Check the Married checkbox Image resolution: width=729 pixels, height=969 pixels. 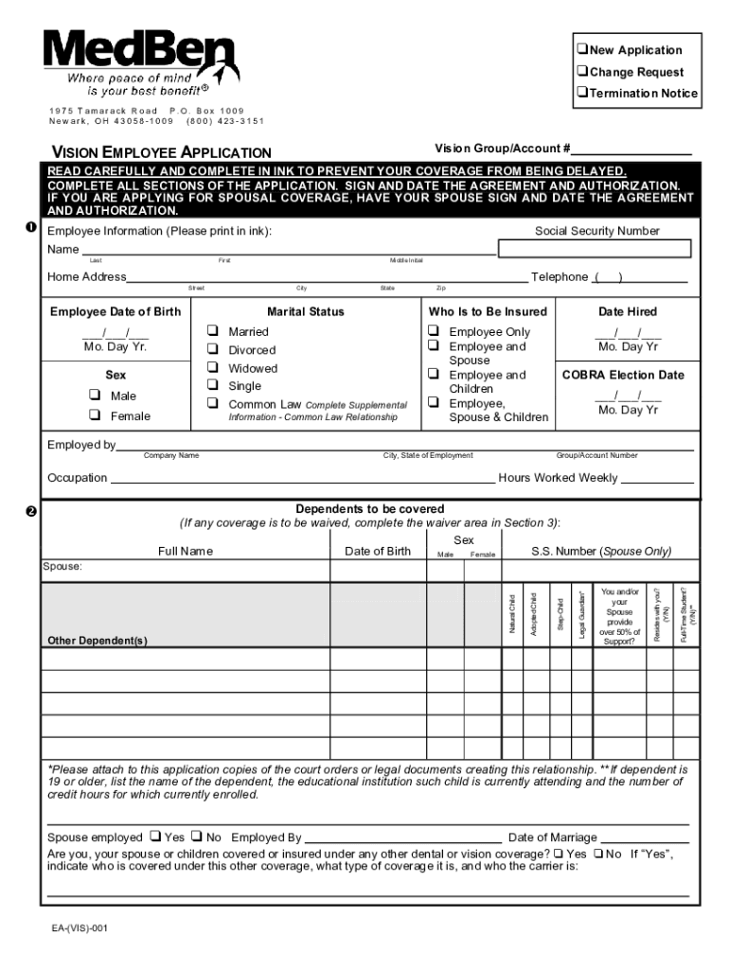[x=213, y=331]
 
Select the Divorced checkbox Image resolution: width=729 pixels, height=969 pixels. [x=213, y=349]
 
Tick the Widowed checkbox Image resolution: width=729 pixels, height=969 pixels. [x=213, y=367]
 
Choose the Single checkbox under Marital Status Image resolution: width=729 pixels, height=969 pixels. [x=213, y=385]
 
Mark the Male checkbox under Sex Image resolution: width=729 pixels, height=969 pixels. [x=95, y=396]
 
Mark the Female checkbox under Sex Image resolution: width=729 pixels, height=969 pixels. [x=95, y=415]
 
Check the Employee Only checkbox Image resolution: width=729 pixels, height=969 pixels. [x=434, y=331]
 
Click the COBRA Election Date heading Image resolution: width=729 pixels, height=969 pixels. [x=623, y=375]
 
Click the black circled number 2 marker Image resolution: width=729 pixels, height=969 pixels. [x=31, y=512]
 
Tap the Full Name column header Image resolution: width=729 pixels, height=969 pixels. [x=186, y=551]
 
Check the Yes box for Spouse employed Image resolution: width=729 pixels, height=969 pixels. [x=153, y=837]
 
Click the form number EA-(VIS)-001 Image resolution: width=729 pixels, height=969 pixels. [x=80, y=928]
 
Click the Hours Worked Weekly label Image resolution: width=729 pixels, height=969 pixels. [x=558, y=478]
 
